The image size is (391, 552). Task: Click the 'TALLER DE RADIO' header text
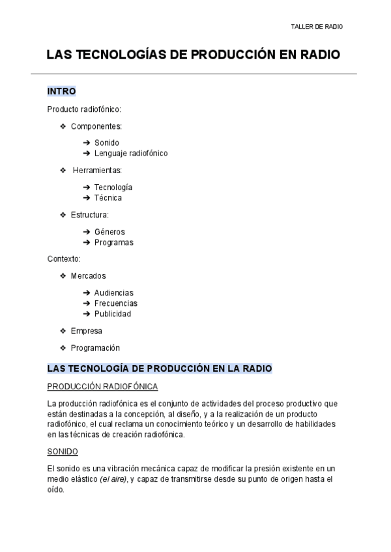click(316, 27)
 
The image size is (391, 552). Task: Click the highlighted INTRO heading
click(62, 91)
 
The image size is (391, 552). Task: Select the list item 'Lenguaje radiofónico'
click(130, 154)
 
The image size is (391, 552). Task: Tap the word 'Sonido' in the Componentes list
click(107, 143)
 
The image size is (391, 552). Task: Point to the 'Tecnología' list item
click(113, 187)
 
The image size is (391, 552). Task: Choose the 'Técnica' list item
click(108, 198)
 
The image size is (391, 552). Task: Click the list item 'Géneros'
click(109, 232)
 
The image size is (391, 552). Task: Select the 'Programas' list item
click(113, 243)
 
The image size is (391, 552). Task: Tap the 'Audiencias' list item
click(113, 293)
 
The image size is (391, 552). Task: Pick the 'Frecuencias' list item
click(115, 303)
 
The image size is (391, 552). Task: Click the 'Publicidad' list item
click(112, 314)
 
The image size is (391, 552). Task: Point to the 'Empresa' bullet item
click(86, 331)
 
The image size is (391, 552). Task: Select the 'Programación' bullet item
click(95, 348)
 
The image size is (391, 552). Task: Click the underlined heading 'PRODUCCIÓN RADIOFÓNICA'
click(102, 387)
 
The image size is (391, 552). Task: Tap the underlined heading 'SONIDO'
click(63, 451)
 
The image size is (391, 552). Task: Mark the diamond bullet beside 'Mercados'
click(63, 276)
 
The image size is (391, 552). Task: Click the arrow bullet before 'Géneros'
click(87, 232)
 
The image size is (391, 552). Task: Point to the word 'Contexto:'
click(64, 259)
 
